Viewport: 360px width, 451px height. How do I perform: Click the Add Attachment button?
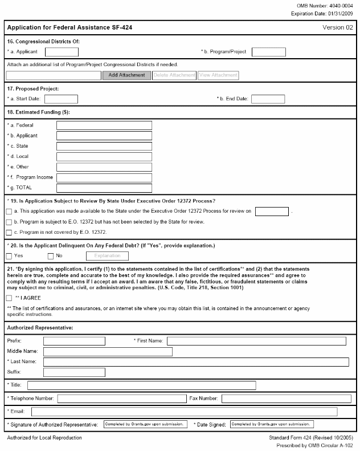click(126, 75)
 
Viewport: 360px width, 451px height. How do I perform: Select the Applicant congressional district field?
click(62, 52)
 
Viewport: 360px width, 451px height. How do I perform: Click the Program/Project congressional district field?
click(268, 52)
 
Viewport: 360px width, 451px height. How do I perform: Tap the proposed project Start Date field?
click(61, 99)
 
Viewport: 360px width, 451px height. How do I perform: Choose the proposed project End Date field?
click(268, 99)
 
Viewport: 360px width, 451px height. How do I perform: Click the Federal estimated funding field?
click(104, 125)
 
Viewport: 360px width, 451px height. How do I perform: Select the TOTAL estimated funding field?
click(104, 188)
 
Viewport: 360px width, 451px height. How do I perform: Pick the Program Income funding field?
click(104, 178)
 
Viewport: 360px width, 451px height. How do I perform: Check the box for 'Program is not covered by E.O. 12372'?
click(9, 233)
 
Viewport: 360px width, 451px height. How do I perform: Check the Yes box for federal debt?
click(9, 256)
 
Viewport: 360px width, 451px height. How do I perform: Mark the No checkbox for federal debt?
click(51, 256)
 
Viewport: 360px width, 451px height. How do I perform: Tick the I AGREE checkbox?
click(9, 298)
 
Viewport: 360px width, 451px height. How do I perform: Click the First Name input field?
click(256, 341)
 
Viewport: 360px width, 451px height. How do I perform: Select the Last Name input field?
click(196, 362)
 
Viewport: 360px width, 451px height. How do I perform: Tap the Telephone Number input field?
click(121, 398)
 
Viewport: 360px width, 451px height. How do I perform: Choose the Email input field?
click(184, 412)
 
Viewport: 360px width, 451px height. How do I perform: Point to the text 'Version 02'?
click(338, 27)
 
